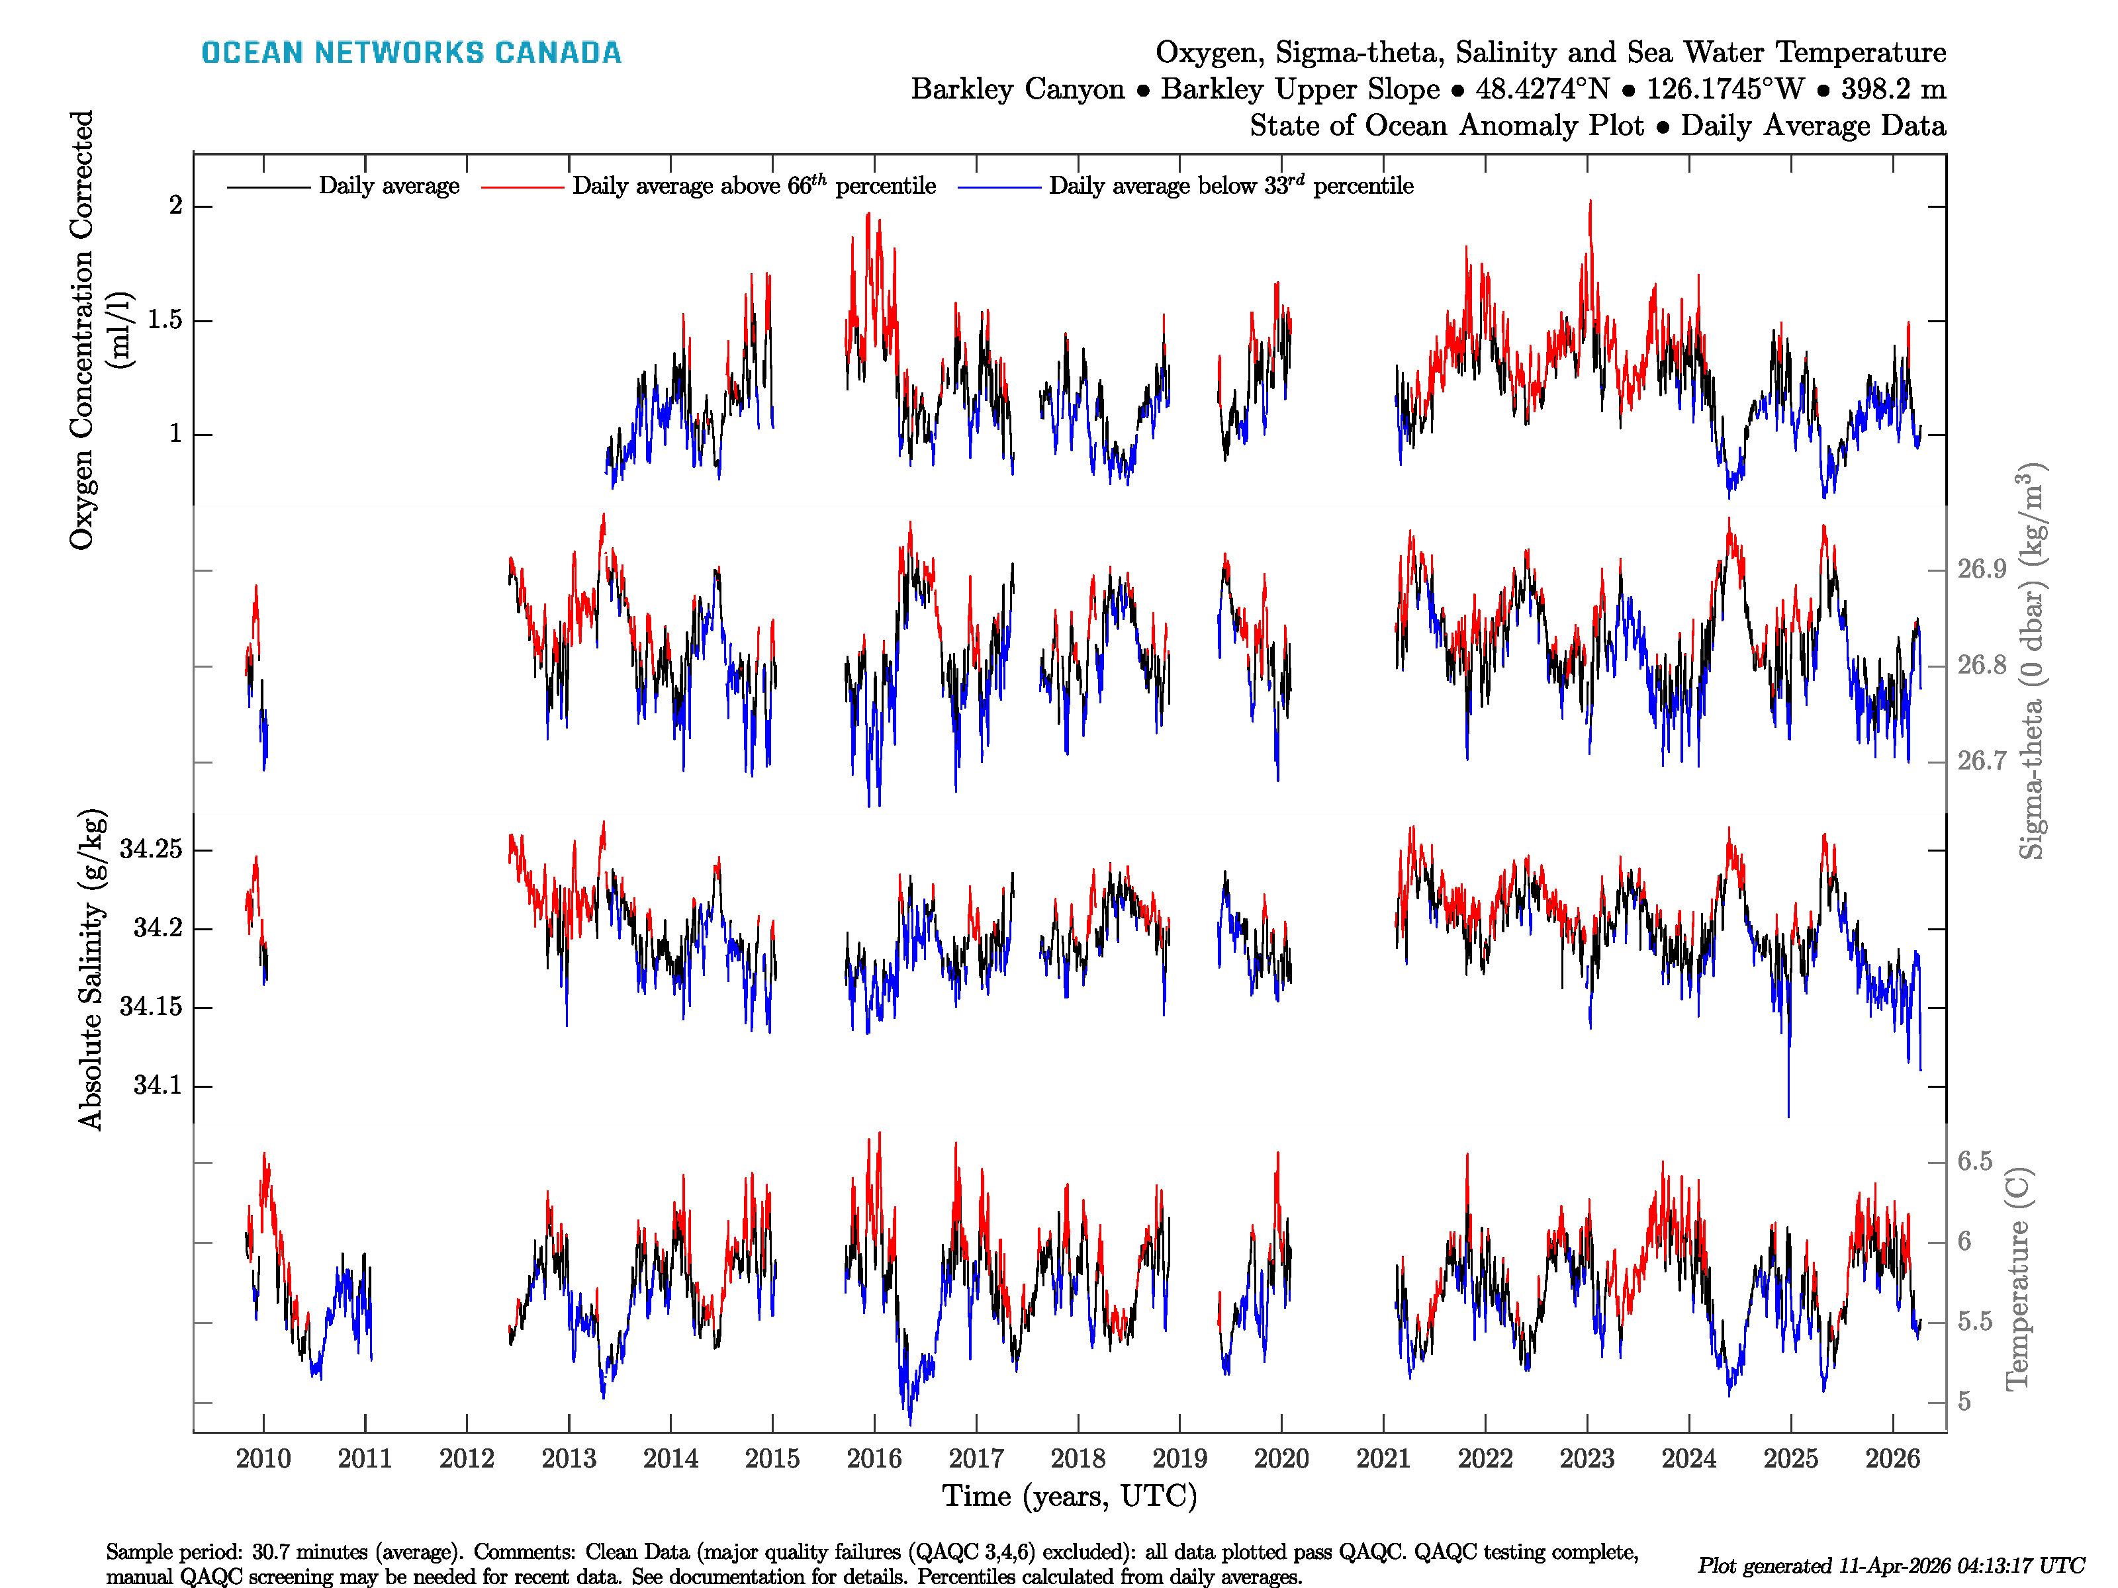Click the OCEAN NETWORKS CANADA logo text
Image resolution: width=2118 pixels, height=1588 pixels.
[x=411, y=53]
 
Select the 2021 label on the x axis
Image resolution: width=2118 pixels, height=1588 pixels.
[x=1383, y=1459]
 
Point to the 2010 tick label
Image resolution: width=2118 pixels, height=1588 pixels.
[x=263, y=1459]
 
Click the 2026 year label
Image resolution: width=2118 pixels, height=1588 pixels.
[x=1892, y=1459]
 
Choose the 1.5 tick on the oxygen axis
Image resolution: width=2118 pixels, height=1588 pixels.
[x=165, y=320]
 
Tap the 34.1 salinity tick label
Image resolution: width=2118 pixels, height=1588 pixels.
[x=157, y=1086]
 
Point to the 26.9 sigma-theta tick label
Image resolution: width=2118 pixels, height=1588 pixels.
[x=1981, y=570]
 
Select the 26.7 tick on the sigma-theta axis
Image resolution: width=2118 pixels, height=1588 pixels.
[x=1981, y=761]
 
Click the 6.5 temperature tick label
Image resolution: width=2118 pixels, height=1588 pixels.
[x=1974, y=1161]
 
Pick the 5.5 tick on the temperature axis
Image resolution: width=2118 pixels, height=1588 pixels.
[x=1974, y=1322]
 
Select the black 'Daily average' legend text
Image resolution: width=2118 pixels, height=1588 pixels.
[x=389, y=186]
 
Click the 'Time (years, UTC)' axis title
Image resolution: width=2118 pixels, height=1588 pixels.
[x=1070, y=1496]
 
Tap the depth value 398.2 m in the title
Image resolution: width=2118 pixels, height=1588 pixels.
[x=1893, y=89]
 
